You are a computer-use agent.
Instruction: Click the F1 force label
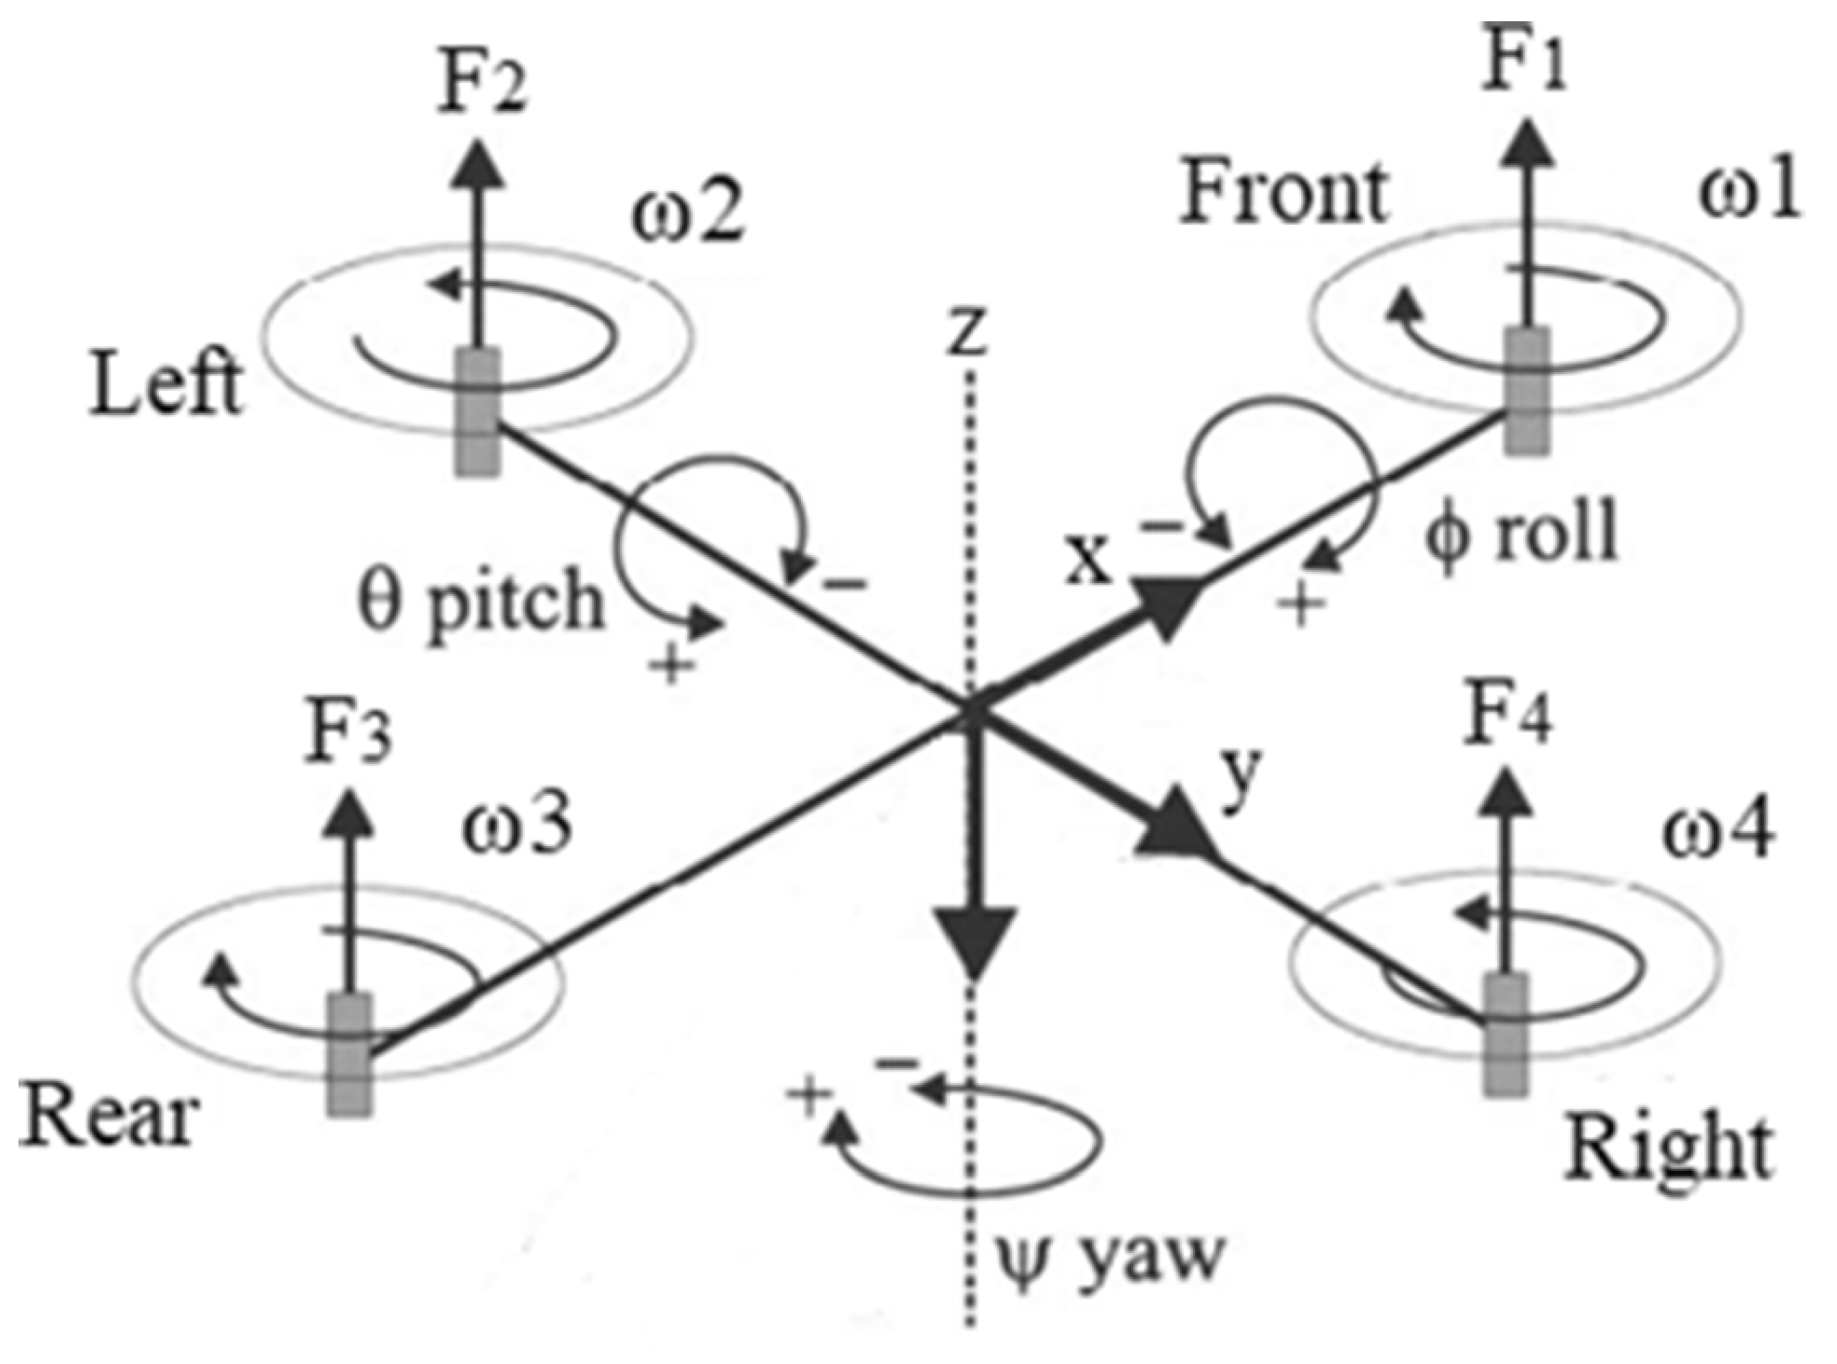(x=1524, y=68)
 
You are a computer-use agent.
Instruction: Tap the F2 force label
(x=481, y=86)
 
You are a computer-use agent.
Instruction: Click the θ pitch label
(x=480, y=603)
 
